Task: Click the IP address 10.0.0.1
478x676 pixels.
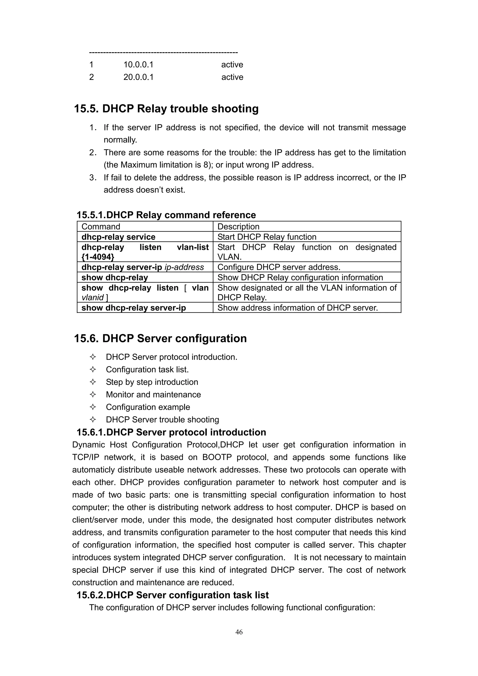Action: coord(138,64)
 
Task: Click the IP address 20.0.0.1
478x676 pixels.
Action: coord(138,77)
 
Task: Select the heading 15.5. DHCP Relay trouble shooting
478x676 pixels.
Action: coord(166,109)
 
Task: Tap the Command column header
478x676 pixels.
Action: coord(101,226)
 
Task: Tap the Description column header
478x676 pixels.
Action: coord(238,226)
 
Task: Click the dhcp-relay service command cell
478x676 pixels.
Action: coord(118,237)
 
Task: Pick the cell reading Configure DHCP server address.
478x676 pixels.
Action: coord(279,267)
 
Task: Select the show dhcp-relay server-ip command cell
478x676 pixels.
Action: coord(134,308)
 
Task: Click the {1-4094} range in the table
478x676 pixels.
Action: coord(98,257)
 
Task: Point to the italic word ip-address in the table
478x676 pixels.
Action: coord(184,267)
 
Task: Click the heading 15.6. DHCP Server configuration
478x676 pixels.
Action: coord(160,338)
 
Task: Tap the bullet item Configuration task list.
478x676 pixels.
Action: coord(147,369)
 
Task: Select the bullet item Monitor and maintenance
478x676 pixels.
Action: coord(153,394)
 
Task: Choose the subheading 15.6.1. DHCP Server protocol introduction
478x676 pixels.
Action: coord(171,432)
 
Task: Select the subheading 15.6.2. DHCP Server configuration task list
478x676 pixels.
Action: coord(172,595)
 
